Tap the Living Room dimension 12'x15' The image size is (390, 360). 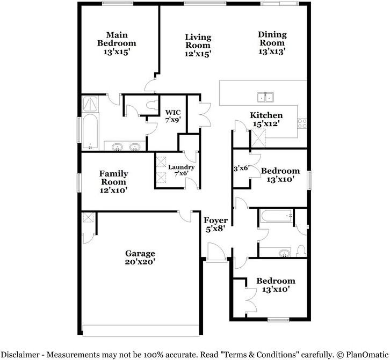pos(198,54)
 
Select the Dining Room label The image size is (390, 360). pos(272,39)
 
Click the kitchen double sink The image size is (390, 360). pos(265,97)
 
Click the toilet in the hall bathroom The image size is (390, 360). pos(301,251)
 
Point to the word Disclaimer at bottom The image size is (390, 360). pos(24,354)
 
